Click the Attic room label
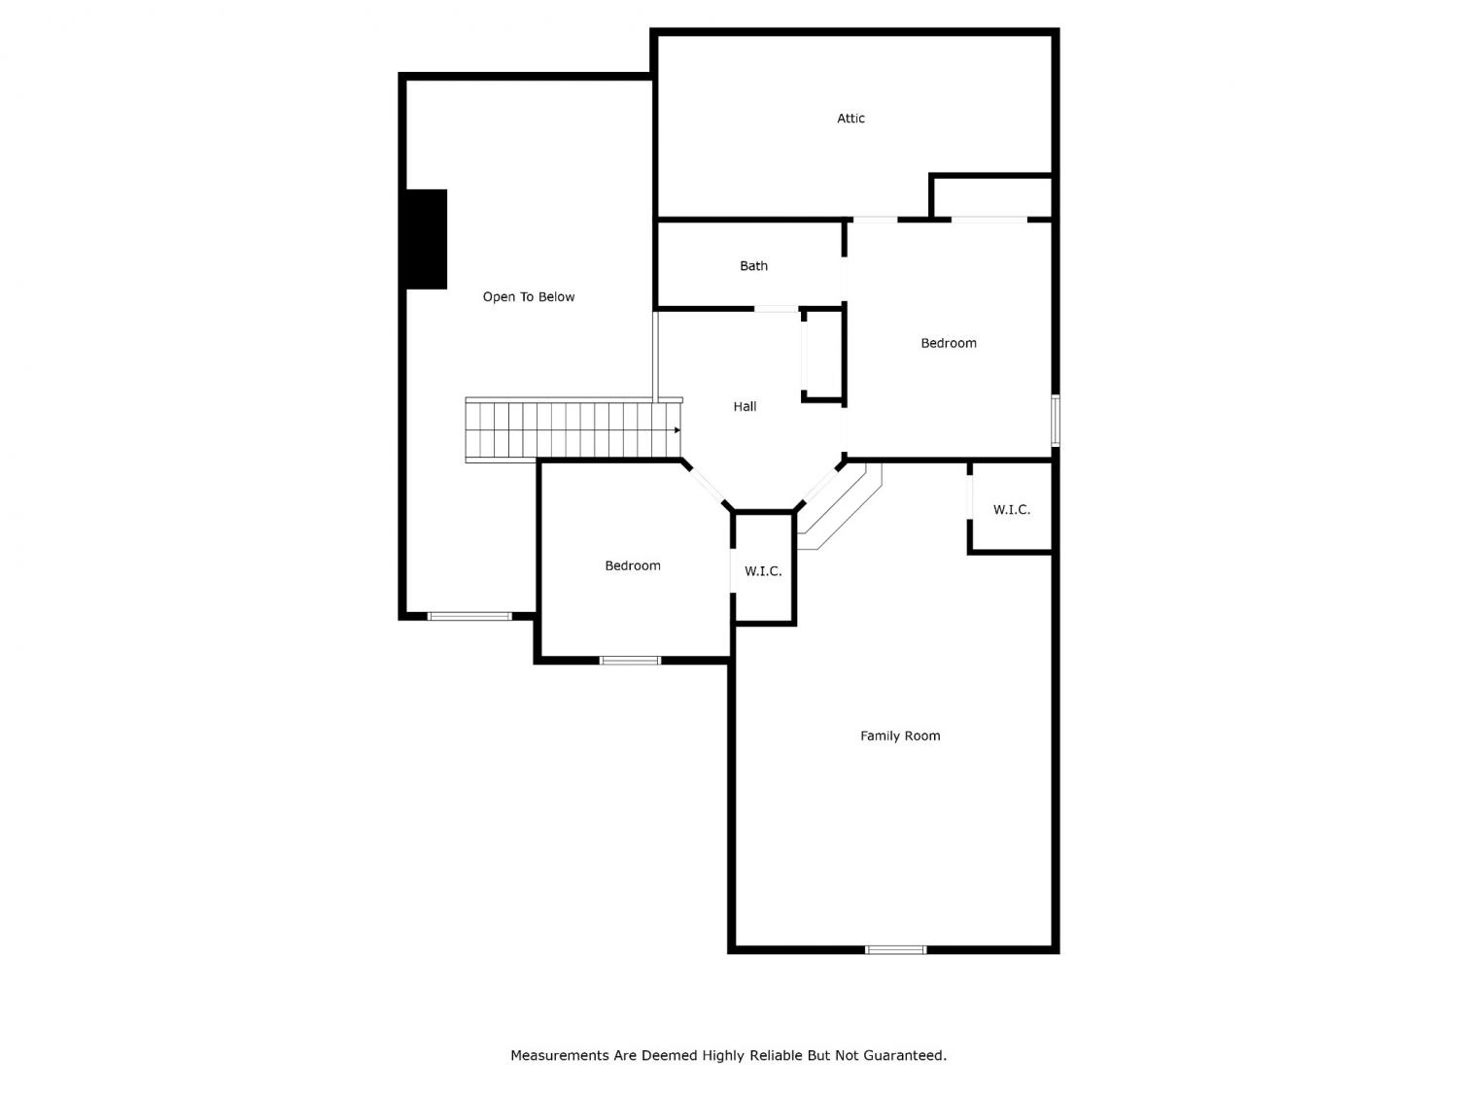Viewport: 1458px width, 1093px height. (850, 119)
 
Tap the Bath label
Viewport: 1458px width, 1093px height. (753, 265)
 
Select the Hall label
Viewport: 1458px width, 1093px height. (745, 406)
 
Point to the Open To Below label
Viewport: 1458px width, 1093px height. (528, 296)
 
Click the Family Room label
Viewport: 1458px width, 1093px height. (900, 735)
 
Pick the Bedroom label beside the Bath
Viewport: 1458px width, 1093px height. (949, 342)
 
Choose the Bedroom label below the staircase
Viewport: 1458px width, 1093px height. (633, 565)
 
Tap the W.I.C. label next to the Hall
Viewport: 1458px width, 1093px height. (763, 570)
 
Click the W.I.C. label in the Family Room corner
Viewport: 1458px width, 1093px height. (1011, 509)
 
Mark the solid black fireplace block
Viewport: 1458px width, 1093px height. (426, 239)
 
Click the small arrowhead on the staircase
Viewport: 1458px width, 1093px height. (677, 430)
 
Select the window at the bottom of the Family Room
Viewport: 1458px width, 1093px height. (895, 949)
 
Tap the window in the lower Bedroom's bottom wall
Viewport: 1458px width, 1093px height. (630, 661)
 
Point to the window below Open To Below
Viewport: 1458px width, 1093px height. (469, 616)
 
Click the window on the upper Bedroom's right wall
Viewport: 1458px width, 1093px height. (1055, 420)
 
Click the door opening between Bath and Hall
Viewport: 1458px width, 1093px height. (776, 309)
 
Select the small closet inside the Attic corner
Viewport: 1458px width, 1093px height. (990, 197)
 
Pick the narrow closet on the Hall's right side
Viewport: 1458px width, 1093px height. (823, 355)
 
